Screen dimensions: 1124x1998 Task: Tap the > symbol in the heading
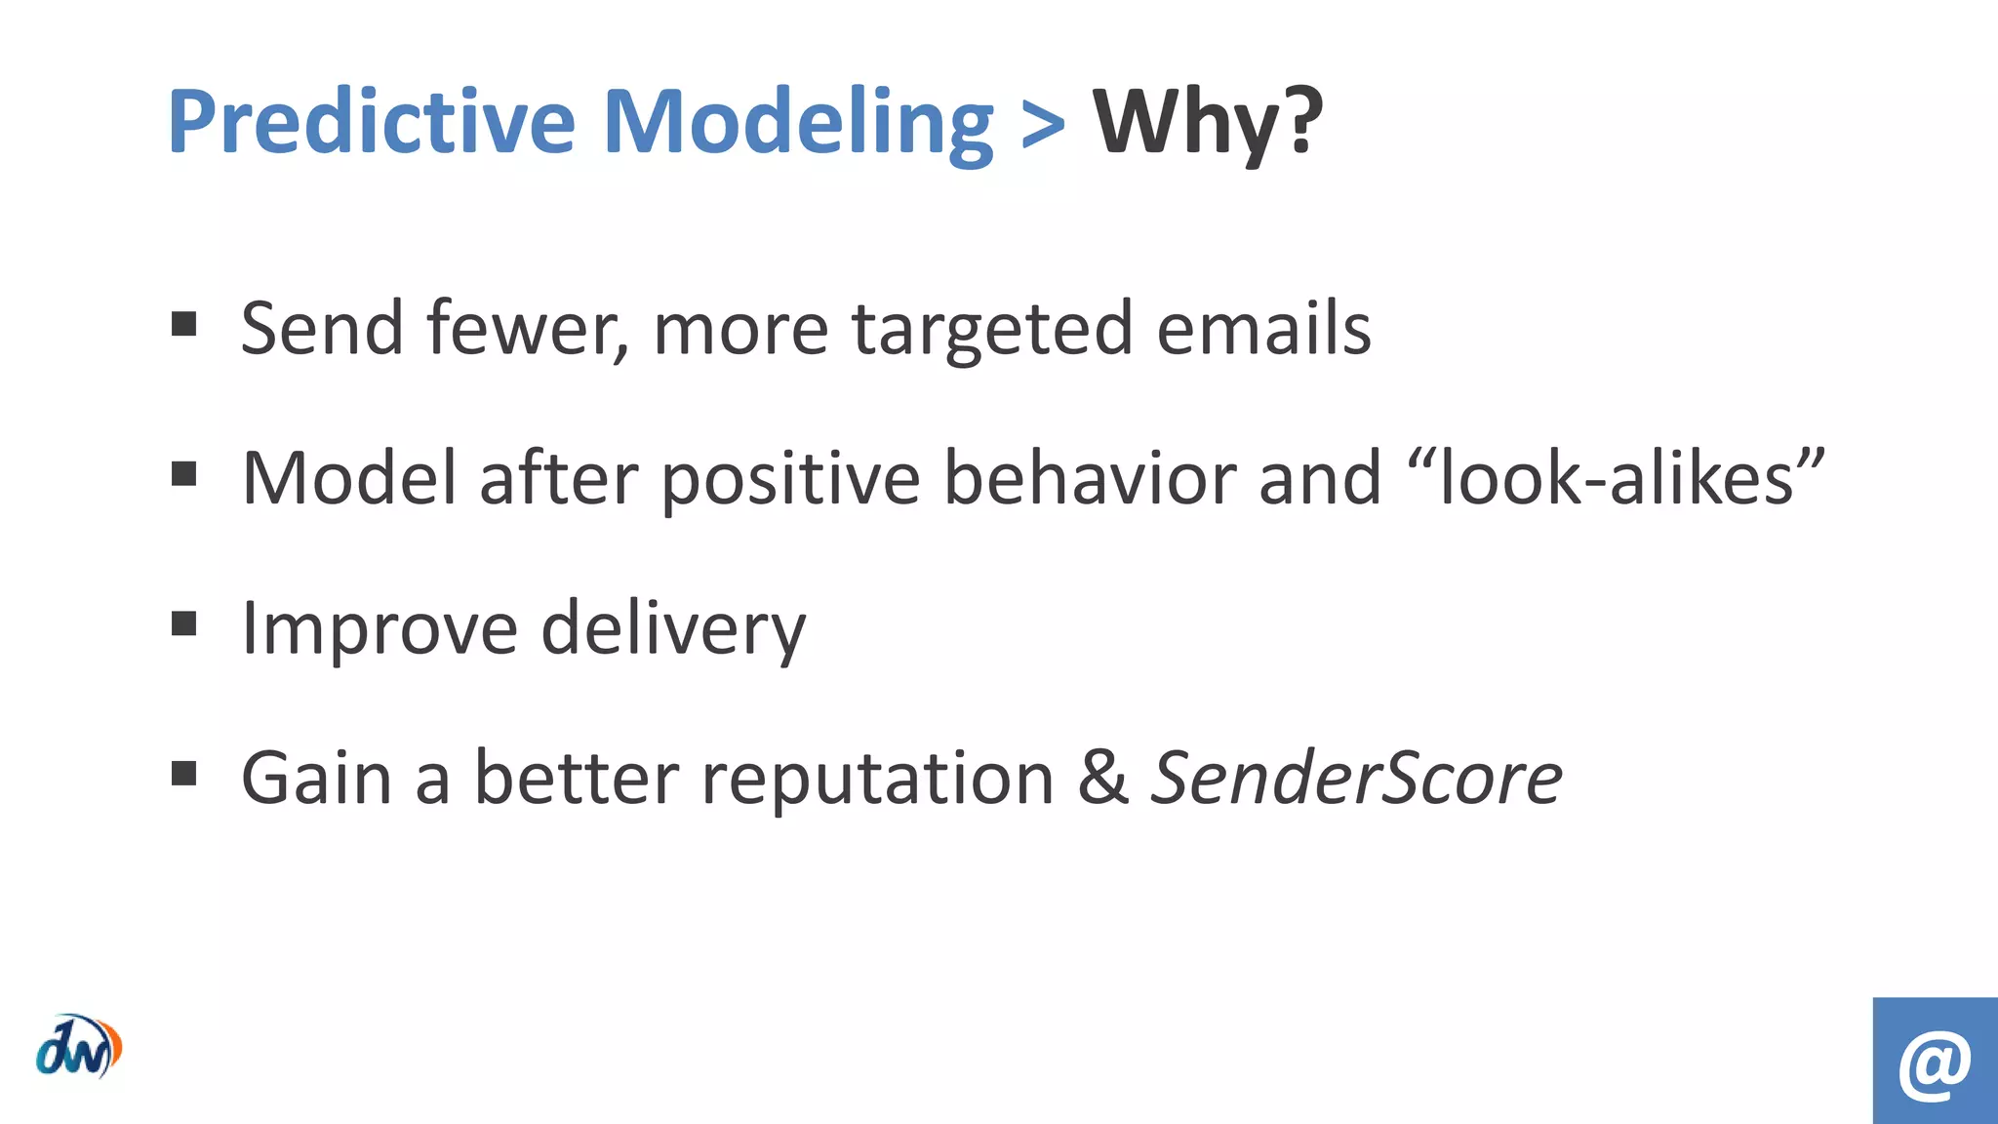pyautogui.click(x=1043, y=125)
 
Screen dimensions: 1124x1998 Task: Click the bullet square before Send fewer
pyautogui.click(x=183, y=324)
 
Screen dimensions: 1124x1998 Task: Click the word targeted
pyautogui.click(x=992, y=330)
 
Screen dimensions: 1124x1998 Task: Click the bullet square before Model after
pyautogui.click(x=183, y=474)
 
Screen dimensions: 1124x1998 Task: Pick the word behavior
pyautogui.click(x=1090, y=479)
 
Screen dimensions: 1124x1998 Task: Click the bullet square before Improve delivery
pyautogui.click(x=183, y=623)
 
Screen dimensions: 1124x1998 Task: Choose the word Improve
pyautogui.click(x=379, y=629)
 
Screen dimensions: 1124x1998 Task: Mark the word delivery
pyautogui.click(x=673, y=629)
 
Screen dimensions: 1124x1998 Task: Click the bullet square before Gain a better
pyautogui.click(x=183, y=774)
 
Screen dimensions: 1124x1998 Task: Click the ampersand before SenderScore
pyautogui.click(x=1103, y=779)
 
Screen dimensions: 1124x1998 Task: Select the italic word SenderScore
pyautogui.click(x=1356, y=779)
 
